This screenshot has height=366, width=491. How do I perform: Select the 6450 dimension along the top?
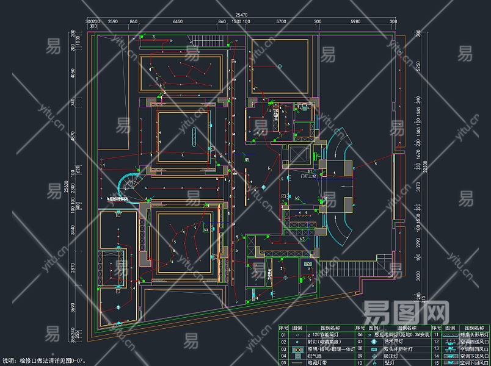[177, 22]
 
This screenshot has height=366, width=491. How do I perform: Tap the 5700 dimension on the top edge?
[281, 22]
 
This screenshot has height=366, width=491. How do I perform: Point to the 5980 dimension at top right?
[355, 22]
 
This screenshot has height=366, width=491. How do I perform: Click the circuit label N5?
[247, 160]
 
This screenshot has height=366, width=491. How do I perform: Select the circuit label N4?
[206, 230]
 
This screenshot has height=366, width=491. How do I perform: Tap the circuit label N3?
[302, 239]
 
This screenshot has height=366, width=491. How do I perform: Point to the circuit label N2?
[297, 198]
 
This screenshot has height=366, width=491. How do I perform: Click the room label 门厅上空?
[309, 177]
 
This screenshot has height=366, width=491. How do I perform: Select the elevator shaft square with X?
[299, 155]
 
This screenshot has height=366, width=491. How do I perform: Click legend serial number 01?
[283, 334]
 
